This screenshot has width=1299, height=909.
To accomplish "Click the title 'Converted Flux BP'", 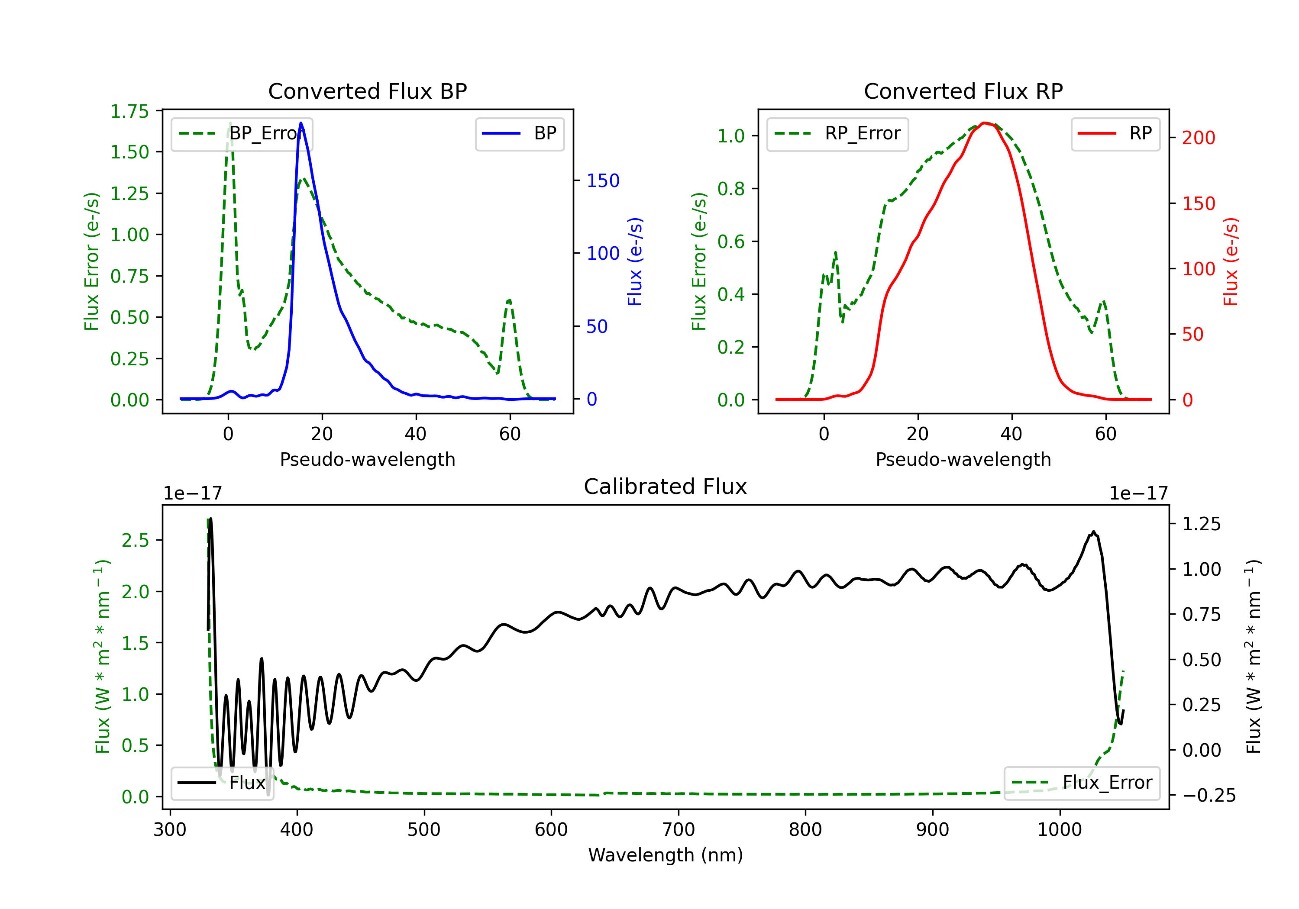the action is tap(367, 91).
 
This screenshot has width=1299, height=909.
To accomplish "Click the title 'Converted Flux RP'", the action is tap(963, 91).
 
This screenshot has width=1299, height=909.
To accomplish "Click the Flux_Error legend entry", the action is tap(1082, 783).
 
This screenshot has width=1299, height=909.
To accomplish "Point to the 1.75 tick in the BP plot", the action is tap(129, 111).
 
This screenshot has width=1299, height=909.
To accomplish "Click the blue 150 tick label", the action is tap(603, 181).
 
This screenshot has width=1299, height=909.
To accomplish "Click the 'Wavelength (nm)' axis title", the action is tap(666, 855).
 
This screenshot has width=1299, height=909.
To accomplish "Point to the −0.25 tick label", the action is tap(1202, 795).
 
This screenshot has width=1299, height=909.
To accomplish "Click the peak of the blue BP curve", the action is tap(301, 123).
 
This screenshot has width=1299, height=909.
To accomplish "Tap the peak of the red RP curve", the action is tap(985, 123).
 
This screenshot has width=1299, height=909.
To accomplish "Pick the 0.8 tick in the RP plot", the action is tap(731, 188).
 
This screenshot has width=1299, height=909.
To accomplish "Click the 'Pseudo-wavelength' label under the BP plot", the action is tap(368, 459).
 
